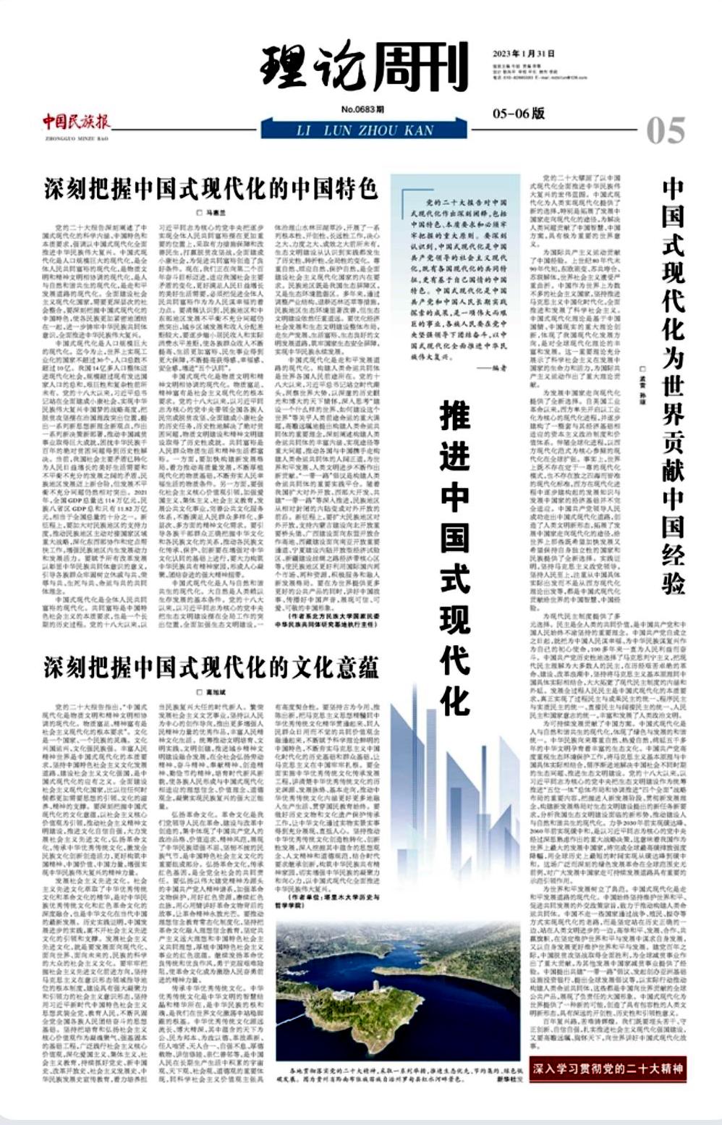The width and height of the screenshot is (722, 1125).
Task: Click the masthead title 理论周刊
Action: coord(364,69)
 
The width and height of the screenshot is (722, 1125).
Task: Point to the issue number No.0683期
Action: coord(363,109)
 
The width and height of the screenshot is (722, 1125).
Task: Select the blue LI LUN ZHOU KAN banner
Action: coord(365,130)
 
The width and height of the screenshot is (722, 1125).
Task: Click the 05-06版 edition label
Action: coord(519,114)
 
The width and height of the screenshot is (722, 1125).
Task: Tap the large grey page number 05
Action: coord(666,131)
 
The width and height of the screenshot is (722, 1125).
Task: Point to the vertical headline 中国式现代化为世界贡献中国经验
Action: coord(673,384)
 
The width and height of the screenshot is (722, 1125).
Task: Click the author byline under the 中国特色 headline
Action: coord(211,213)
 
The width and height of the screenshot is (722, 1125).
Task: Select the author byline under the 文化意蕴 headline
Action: coord(211,692)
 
